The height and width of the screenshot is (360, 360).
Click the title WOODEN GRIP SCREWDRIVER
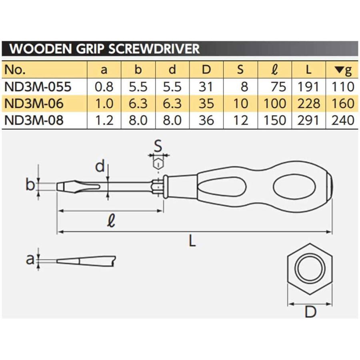tap(104, 49)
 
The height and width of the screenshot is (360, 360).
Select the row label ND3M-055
tap(38, 86)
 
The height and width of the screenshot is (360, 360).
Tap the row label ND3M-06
tap(34, 104)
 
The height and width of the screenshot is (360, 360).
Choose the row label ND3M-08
tap(34, 120)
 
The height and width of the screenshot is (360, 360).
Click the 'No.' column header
tap(15, 70)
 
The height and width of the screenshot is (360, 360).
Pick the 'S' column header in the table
tap(240, 70)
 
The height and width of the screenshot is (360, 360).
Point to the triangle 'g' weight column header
tap(343, 70)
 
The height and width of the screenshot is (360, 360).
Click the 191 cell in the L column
tap(309, 86)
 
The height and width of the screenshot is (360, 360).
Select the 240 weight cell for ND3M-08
tap(343, 120)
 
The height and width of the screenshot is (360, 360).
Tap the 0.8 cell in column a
tap(104, 86)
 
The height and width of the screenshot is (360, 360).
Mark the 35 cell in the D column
tap(206, 104)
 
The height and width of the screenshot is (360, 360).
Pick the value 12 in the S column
tap(240, 120)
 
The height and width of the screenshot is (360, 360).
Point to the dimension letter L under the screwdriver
tap(192, 241)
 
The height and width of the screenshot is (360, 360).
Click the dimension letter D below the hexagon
tap(310, 312)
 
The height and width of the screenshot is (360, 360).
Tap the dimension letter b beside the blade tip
tap(30, 185)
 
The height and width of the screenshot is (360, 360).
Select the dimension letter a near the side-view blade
tap(30, 260)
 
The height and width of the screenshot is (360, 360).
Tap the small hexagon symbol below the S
tap(159, 164)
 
